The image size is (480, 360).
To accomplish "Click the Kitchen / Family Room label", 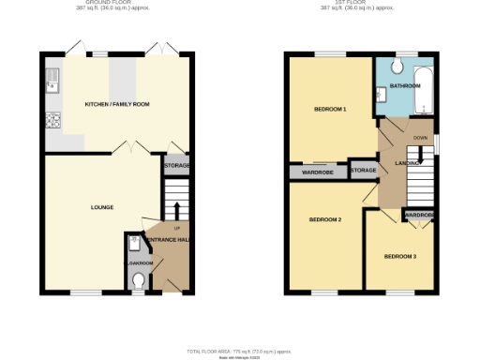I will tap(118, 104).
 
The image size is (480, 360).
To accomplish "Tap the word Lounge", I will tap(102, 205).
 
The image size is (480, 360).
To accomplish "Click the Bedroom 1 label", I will tap(330, 110).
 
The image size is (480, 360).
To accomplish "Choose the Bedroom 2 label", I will tap(324, 219).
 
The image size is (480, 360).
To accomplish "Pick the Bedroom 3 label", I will tap(400, 256).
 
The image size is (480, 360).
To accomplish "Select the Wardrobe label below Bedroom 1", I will tap(319, 172).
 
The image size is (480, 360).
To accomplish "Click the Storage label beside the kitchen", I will tap(176, 166).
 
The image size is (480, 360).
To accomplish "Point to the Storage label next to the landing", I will tap(363, 171).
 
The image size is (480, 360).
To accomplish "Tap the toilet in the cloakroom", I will tap(139, 280).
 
